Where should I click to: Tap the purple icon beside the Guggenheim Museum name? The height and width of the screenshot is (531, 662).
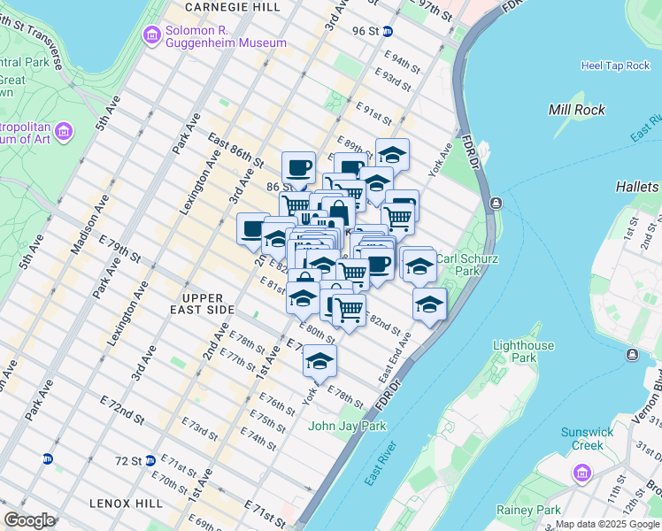pos(151,35)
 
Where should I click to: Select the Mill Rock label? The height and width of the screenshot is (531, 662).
pos(576,110)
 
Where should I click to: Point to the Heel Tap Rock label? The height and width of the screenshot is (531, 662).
pos(615,65)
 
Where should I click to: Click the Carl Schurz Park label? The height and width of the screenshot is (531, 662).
pos(468,265)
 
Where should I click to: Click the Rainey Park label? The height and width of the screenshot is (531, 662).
pos(528,510)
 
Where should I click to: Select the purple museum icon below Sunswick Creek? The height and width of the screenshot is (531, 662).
pos(582,473)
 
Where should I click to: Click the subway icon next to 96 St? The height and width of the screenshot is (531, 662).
pos(399,31)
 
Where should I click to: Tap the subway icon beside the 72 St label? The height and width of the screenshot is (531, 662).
pos(150,460)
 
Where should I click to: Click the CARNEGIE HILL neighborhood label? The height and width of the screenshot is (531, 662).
pos(233,7)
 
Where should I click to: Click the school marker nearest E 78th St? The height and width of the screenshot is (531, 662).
pos(319,359)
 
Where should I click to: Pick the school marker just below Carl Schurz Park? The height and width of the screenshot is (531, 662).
pos(429,303)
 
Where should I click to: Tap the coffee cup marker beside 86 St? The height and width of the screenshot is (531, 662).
pos(298,166)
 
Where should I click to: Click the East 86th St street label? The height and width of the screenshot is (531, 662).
pos(236,151)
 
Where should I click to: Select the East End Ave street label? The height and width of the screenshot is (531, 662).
pos(396,356)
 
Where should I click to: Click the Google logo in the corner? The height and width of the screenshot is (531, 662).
pos(29,519)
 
